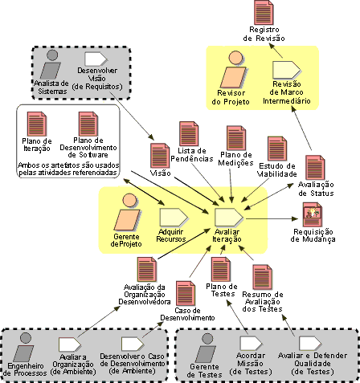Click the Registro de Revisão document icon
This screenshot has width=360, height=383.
(264, 13)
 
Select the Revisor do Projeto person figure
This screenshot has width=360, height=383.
(233, 69)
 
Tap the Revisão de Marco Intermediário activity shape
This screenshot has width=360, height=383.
(286, 70)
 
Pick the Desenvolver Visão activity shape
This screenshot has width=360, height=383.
(96, 59)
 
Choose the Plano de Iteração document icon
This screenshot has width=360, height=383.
(37, 124)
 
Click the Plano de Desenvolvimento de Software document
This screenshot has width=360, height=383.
(88, 124)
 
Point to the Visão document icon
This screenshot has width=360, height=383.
(160, 156)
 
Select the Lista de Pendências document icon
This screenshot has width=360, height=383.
(189, 134)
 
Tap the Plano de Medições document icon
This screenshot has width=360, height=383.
(236, 138)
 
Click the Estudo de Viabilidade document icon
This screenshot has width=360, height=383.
(277, 149)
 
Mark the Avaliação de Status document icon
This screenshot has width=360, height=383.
(315, 167)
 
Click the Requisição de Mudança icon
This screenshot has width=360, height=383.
(313, 214)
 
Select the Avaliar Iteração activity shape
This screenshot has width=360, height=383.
(229, 217)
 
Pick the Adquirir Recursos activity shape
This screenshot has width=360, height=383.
(174, 217)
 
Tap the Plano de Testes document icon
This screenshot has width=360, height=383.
(221, 270)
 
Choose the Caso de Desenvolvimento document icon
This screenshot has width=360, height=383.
(186, 293)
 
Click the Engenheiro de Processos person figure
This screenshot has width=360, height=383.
(24, 347)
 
